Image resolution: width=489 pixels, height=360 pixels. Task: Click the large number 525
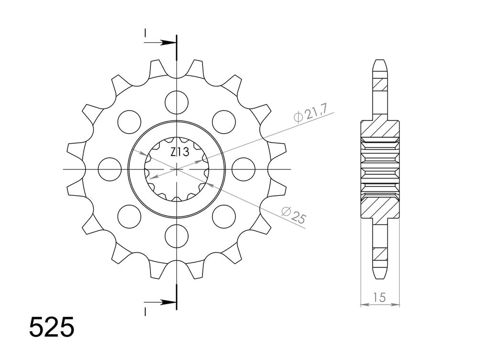click(52, 327)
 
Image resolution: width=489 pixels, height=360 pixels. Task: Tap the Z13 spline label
click(180, 152)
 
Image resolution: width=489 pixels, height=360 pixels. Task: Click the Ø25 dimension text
click(294, 215)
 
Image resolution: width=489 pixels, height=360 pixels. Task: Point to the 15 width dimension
click(379, 297)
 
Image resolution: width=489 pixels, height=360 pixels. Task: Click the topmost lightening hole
click(177, 102)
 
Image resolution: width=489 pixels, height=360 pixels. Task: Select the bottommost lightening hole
click(177, 236)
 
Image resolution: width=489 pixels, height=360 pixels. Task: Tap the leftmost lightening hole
click(109, 169)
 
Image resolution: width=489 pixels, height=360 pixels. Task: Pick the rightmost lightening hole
click(244, 169)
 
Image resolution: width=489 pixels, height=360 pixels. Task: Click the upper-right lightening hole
click(224, 122)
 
